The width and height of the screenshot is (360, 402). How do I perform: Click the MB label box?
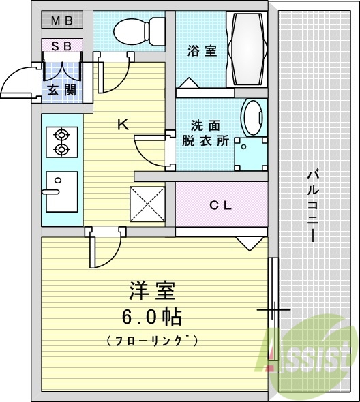click(62, 20)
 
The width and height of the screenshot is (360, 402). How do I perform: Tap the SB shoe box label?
click(62, 46)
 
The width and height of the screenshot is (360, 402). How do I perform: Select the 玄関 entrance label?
click(61, 89)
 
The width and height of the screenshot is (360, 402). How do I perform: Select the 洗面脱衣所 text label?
click(205, 134)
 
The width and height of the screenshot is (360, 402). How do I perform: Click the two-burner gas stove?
click(61, 141)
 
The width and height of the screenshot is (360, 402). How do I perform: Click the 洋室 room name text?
click(152, 291)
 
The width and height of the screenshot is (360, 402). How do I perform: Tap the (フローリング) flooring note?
click(152, 339)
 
